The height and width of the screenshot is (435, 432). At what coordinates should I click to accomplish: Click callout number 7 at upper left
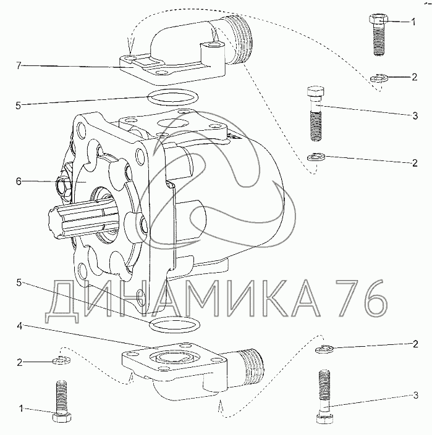[19, 66]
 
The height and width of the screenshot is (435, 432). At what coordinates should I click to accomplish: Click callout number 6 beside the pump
[19, 181]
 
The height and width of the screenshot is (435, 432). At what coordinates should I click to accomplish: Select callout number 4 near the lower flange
[19, 326]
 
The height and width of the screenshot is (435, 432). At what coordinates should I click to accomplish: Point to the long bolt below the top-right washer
[316, 114]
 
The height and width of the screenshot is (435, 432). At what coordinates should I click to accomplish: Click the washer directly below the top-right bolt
[379, 78]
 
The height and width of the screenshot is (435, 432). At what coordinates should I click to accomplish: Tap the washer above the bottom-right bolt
[324, 349]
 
